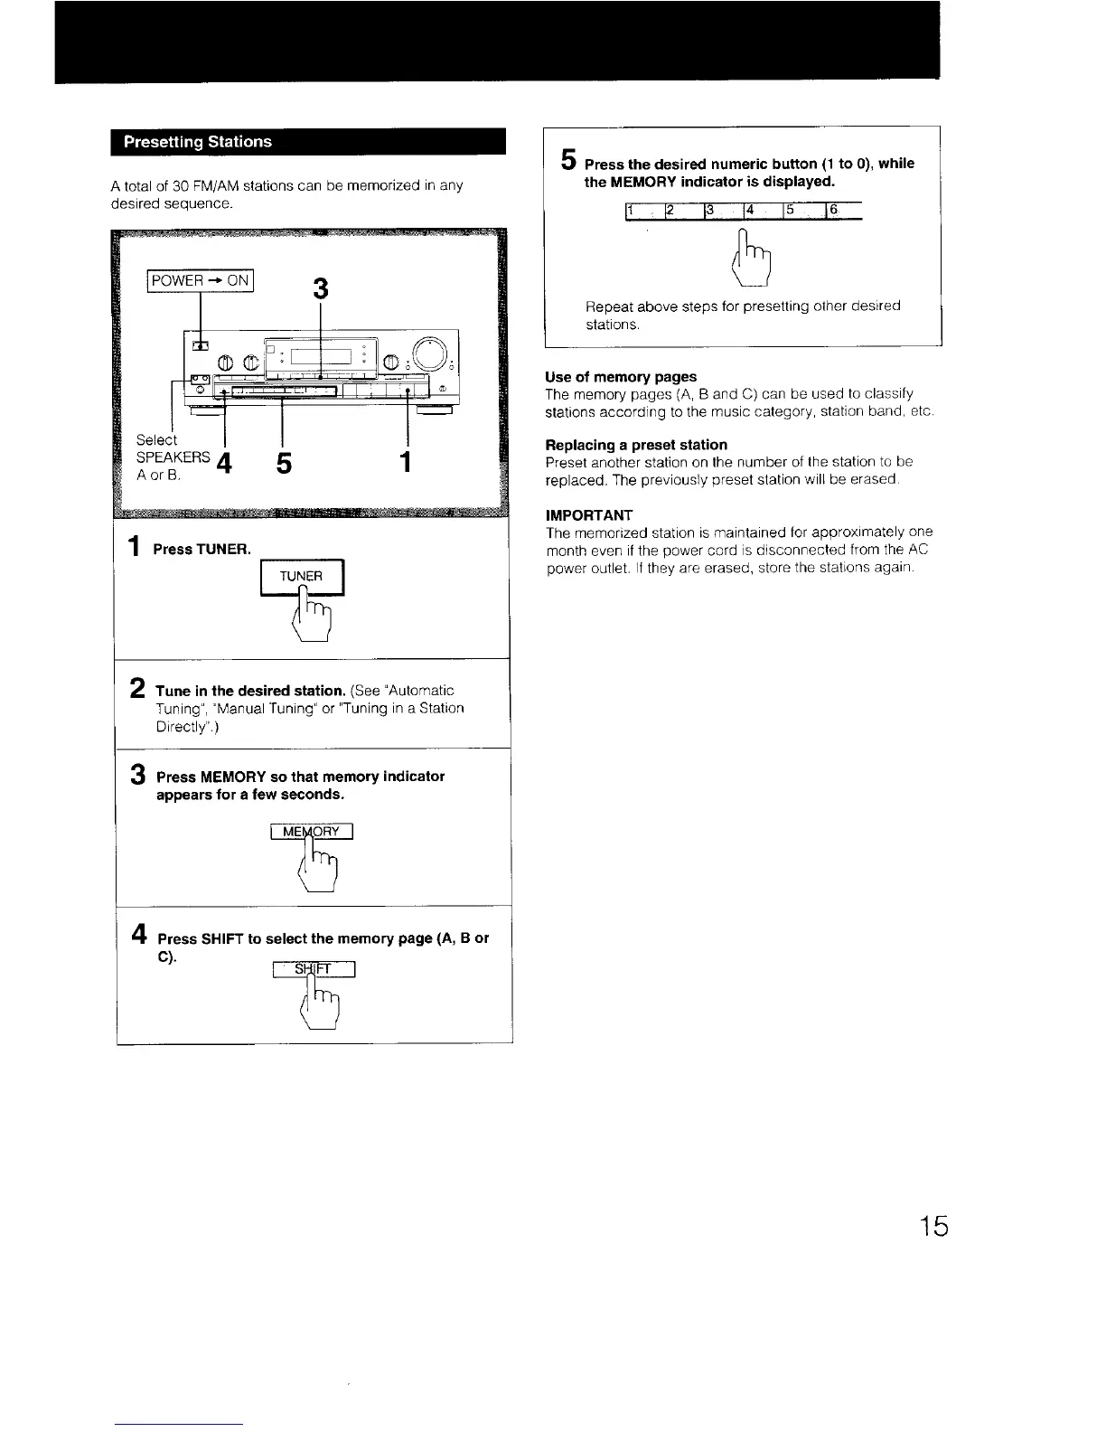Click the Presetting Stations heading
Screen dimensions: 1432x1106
click(x=197, y=142)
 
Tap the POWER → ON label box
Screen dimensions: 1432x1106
click(x=202, y=280)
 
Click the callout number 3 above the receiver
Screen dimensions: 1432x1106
click(x=319, y=289)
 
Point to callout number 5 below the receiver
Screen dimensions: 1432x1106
click(x=284, y=464)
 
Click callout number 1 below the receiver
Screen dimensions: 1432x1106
click(x=407, y=463)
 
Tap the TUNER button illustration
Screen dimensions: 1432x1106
click(x=302, y=577)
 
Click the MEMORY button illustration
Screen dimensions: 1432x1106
click(x=311, y=833)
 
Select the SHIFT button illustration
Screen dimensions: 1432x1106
click(x=314, y=970)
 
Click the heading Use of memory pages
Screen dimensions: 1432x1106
click(x=621, y=377)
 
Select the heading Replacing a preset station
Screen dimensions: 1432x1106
click(x=636, y=445)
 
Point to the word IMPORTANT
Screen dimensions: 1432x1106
click(x=589, y=515)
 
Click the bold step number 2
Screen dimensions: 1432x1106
click(x=138, y=688)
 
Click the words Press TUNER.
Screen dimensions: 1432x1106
click(x=202, y=550)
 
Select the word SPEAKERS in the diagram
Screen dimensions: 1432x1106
click(x=173, y=457)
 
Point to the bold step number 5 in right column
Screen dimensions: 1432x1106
click(x=567, y=160)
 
